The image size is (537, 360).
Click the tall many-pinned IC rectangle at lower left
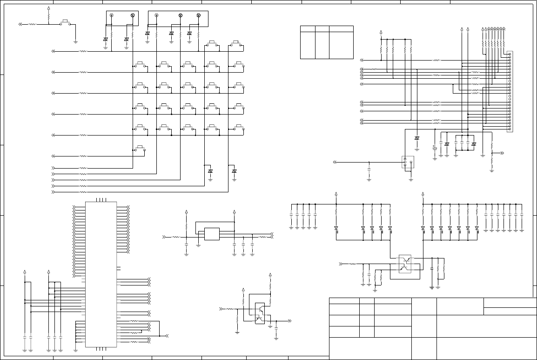click(x=101, y=274)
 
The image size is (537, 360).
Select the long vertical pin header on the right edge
click(x=509, y=92)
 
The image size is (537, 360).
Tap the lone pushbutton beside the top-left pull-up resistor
click(x=66, y=22)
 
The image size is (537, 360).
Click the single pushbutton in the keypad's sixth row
click(x=140, y=149)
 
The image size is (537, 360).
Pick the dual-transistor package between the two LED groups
click(x=405, y=264)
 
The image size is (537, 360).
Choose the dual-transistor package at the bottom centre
click(x=260, y=313)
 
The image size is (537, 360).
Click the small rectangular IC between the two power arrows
click(x=212, y=234)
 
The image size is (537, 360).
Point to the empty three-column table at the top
click(x=327, y=42)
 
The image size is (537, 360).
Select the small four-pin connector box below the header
click(x=408, y=162)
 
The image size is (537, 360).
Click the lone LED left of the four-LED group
click(x=336, y=229)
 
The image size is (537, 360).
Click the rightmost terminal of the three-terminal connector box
click(x=199, y=16)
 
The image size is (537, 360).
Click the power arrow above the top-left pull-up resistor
click(x=48, y=9)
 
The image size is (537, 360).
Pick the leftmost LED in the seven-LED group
click(x=423, y=229)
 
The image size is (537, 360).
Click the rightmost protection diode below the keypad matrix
click(x=234, y=171)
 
